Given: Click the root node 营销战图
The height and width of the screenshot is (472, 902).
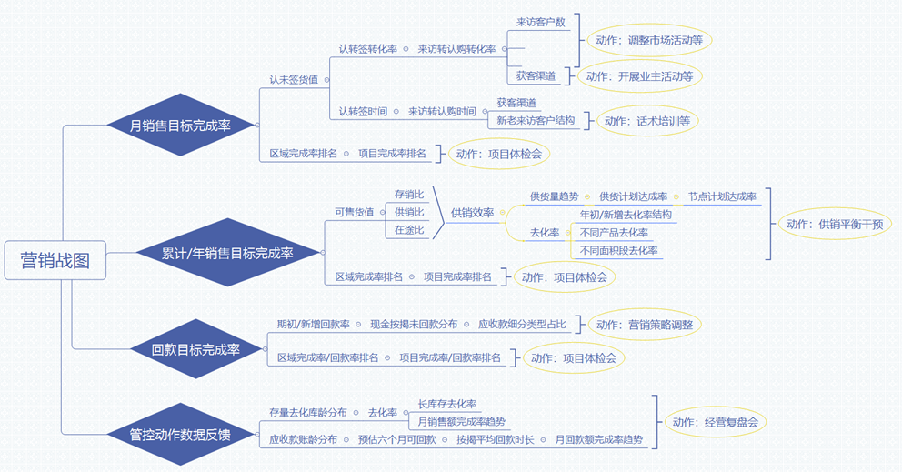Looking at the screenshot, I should click(x=55, y=260).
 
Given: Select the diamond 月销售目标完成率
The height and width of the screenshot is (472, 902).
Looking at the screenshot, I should click(x=181, y=126).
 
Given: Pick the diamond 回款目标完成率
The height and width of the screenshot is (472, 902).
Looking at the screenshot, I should click(x=196, y=349).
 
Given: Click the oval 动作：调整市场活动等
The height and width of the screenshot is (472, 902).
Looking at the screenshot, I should click(x=649, y=41).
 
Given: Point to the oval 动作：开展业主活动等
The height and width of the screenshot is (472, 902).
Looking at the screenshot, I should click(x=639, y=76).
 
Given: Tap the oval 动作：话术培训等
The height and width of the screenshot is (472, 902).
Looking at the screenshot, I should click(x=647, y=121).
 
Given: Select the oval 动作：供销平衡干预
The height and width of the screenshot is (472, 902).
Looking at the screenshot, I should click(x=835, y=224).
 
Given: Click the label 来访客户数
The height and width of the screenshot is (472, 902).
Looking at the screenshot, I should click(x=540, y=22).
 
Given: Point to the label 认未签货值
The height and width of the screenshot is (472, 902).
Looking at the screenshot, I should click(x=294, y=79).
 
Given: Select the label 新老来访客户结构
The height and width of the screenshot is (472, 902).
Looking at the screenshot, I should click(x=536, y=120).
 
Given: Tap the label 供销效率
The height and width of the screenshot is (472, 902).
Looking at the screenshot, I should click(x=473, y=212).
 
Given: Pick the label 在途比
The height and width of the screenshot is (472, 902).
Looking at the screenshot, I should click(x=409, y=230).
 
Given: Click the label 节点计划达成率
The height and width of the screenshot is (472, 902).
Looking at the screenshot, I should click(x=722, y=196).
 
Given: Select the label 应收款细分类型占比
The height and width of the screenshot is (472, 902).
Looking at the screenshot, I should click(x=522, y=324).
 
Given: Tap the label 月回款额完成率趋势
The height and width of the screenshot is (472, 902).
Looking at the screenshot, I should click(x=599, y=439).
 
